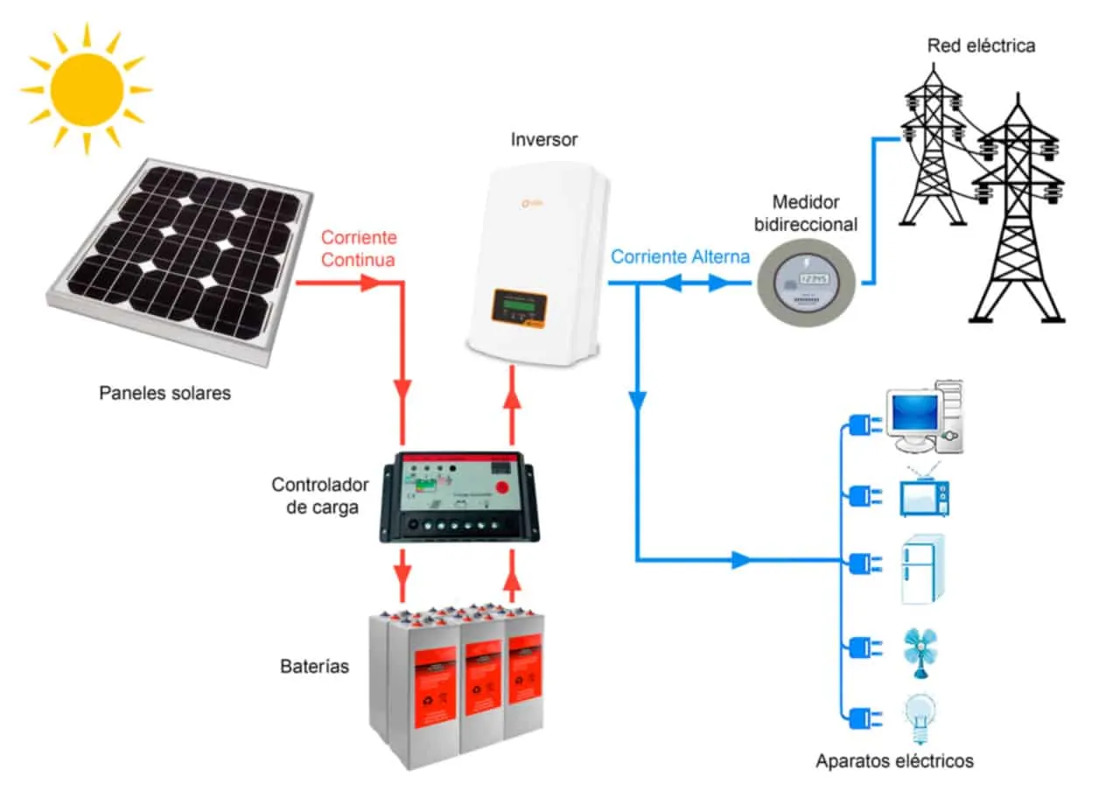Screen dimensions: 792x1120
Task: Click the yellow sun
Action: pyautogui.click(x=86, y=89)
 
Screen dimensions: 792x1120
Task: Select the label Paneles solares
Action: pyautogui.click(x=164, y=393)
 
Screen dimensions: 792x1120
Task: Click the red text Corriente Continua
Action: pyautogui.click(x=358, y=249)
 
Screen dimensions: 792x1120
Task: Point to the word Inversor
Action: pyautogui.click(x=543, y=140)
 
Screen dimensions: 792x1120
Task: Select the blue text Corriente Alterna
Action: pyautogui.click(x=680, y=257)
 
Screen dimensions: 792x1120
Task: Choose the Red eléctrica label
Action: pyautogui.click(x=981, y=46)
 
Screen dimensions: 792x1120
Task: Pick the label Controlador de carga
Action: pyautogui.click(x=320, y=495)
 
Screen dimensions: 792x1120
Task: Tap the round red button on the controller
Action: pyautogui.click(x=502, y=487)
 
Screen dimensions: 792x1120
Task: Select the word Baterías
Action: pyautogui.click(x=314, y=667)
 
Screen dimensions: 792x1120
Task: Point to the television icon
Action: pyautogui.click(x=924, y=494)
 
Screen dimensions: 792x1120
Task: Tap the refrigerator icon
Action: pyautogui.click(x=923, y=568)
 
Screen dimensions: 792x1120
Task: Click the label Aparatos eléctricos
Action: pyautogui.click(x=894, y=760)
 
